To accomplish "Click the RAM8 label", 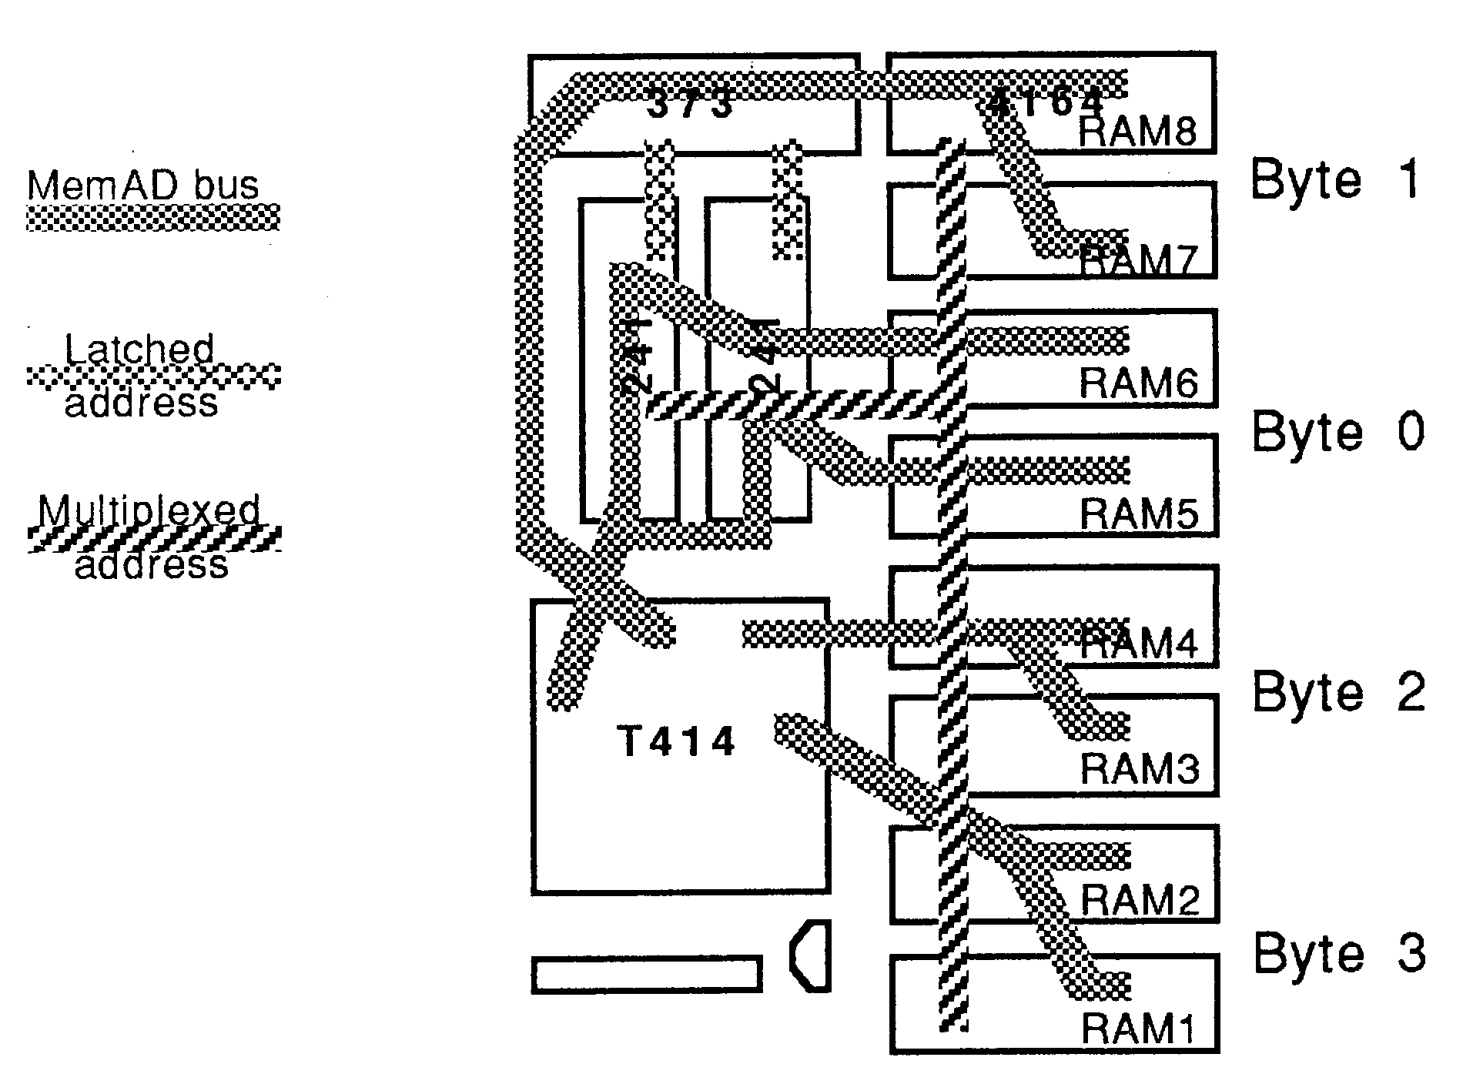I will [1138, 132].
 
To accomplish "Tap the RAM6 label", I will [1138, 383].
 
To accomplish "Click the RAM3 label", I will [1140, 768].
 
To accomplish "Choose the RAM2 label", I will [1140, 898].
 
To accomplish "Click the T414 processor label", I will [678, 742].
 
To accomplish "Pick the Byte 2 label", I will [1338, 691].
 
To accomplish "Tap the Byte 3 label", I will [1340, 952].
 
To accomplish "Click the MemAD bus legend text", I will [143, 186].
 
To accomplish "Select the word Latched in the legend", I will [139, 350].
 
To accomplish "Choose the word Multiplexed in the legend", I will [150, 511].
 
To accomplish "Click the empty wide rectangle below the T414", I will [647, 974].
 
